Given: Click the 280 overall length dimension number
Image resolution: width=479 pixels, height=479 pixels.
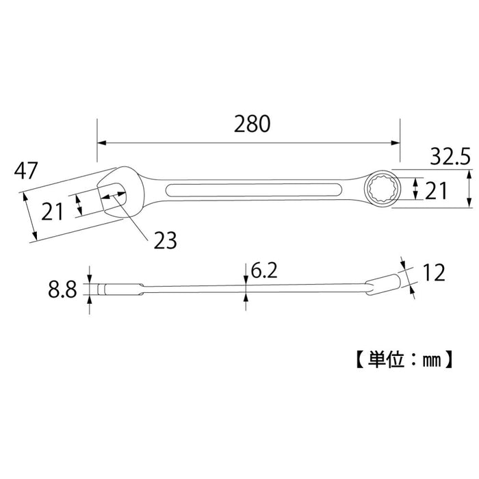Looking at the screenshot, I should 252,124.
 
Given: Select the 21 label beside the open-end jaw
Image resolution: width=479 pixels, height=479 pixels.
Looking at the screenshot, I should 52,212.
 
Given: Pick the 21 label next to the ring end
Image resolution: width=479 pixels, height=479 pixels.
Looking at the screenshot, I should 436,191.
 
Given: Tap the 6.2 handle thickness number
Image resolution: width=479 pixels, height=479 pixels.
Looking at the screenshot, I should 263,272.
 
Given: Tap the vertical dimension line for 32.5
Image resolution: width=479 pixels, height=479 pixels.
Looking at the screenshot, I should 469,189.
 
